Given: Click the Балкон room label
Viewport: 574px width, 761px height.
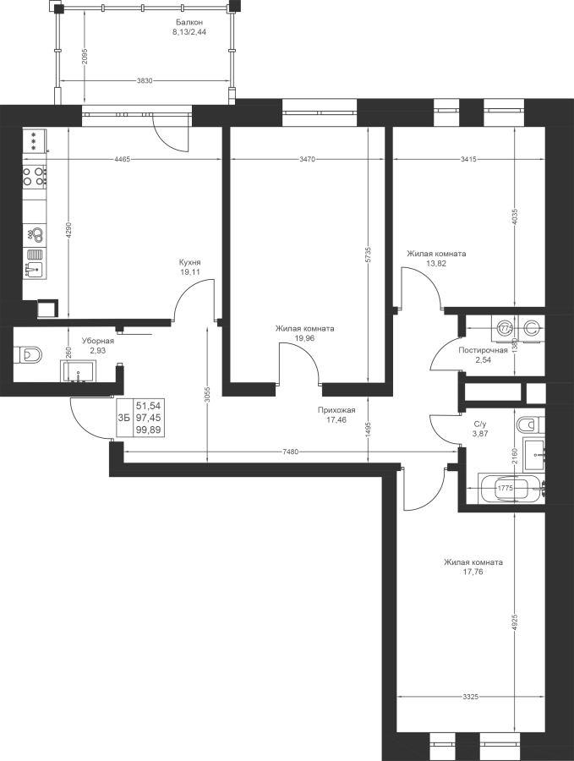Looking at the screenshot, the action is [x=189, y=22].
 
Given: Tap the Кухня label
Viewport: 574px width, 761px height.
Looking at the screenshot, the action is [x=190, y=262].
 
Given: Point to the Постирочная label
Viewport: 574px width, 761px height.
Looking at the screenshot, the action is [x=484, y=350].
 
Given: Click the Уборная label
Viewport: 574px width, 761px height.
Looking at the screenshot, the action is [x=97, y=341].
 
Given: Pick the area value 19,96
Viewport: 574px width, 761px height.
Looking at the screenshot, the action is [x=304, y=338].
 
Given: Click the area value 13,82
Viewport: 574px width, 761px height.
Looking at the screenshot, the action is [x=436, y=264].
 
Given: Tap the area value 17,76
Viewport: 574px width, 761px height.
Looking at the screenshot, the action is [x=473, y=572].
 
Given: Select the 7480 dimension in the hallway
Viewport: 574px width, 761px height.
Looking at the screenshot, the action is [x=290, y=452].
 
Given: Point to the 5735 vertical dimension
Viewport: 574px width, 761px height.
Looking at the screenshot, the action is [x=368, y=255].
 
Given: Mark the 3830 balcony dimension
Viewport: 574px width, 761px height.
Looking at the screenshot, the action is [x=145, y=80].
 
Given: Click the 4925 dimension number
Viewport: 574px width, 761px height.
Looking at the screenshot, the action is [x=515, y=623].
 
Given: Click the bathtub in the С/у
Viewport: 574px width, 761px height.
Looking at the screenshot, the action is [x=511, y=489].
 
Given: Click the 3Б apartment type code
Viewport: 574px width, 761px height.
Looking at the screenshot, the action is [x=123, y=418].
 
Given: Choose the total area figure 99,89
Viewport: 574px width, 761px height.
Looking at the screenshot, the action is [x=149, y=430].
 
